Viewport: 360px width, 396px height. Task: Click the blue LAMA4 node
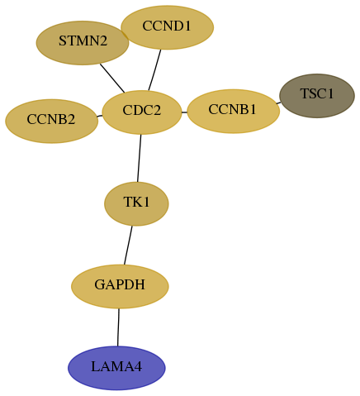(x=116, y=368)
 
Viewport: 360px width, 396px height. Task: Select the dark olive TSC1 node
(x=317, y=96)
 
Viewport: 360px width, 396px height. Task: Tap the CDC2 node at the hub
(x=142, y=112)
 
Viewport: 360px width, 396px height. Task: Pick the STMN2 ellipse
(x=83, y=43)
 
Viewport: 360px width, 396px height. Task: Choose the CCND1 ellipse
(x=167, y=27)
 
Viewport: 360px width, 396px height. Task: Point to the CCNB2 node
(x=51, y=121)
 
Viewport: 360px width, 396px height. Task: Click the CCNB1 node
(x=233, y=111)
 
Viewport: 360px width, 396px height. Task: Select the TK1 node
(x=136, y=203)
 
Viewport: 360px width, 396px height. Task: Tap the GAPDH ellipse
(x=120, y=286)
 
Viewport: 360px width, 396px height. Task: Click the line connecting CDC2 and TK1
(x=139, y=158)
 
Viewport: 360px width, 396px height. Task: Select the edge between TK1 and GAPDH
(x=128, y=246)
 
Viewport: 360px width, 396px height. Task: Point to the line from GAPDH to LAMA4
(x=118, y=327)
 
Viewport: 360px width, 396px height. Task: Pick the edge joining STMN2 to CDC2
(x=112, y=79)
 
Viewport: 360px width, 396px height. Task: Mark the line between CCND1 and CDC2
(x=154, y=70)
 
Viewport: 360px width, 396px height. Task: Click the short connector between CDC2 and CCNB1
(x=184, y=112)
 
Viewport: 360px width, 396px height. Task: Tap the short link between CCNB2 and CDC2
(x=100, y=116)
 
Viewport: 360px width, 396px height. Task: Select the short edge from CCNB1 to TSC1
(x=278, y=103)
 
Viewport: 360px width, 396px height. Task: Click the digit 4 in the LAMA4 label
(x=139, y=367)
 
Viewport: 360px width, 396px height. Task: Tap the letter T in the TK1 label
(x=128, y=202)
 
